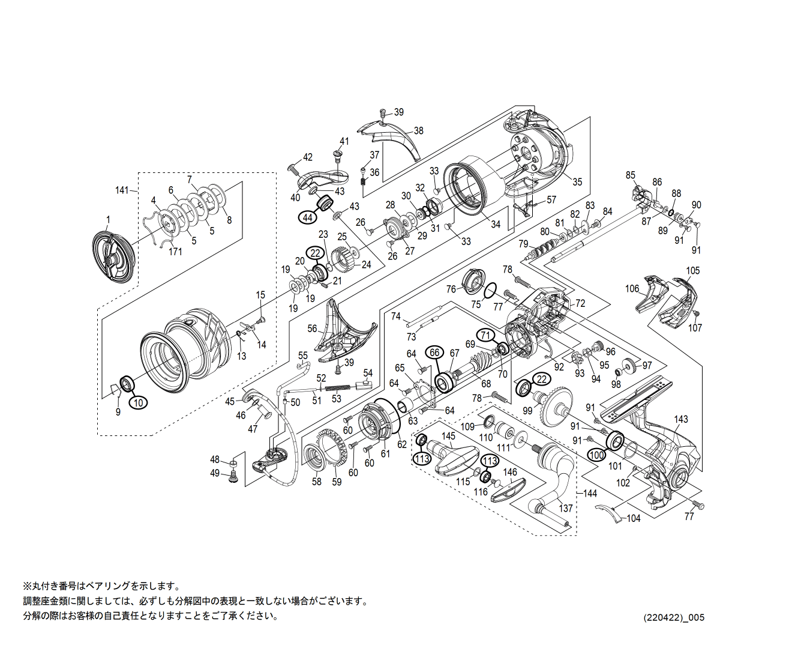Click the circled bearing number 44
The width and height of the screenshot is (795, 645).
click(x=308, y=217)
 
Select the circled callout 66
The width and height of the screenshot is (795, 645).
click(x=434, y=353)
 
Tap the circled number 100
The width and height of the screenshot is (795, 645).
click(x=596, y=455)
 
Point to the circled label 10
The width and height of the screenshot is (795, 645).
click(x=139, y=402)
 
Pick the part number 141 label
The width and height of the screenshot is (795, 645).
click(x=122, y=190)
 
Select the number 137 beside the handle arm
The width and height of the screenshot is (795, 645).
click(x=566, y=508)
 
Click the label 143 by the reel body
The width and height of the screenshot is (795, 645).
click(x=680, y=419)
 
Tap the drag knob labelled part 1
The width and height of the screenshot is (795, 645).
click(x=114, y=258)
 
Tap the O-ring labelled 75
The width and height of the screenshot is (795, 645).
click(x=489, y=290)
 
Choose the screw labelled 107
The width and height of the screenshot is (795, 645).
click(x=696, y=313)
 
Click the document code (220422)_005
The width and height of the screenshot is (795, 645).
click(x=674, y=617)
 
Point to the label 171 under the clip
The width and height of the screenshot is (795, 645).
click(x=175, y=252)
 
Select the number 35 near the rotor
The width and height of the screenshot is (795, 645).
click(x=577, y=182)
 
